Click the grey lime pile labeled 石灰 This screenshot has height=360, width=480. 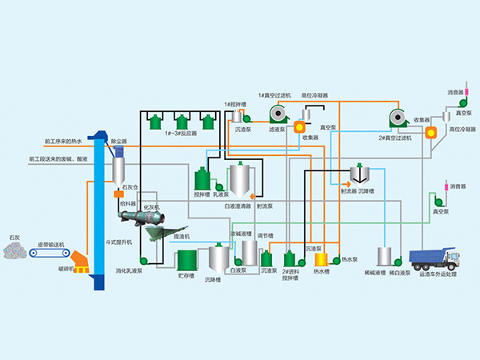pos(15,250)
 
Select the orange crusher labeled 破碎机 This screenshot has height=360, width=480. pos(81,258)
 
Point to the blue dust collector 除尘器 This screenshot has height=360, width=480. pos(119,150)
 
